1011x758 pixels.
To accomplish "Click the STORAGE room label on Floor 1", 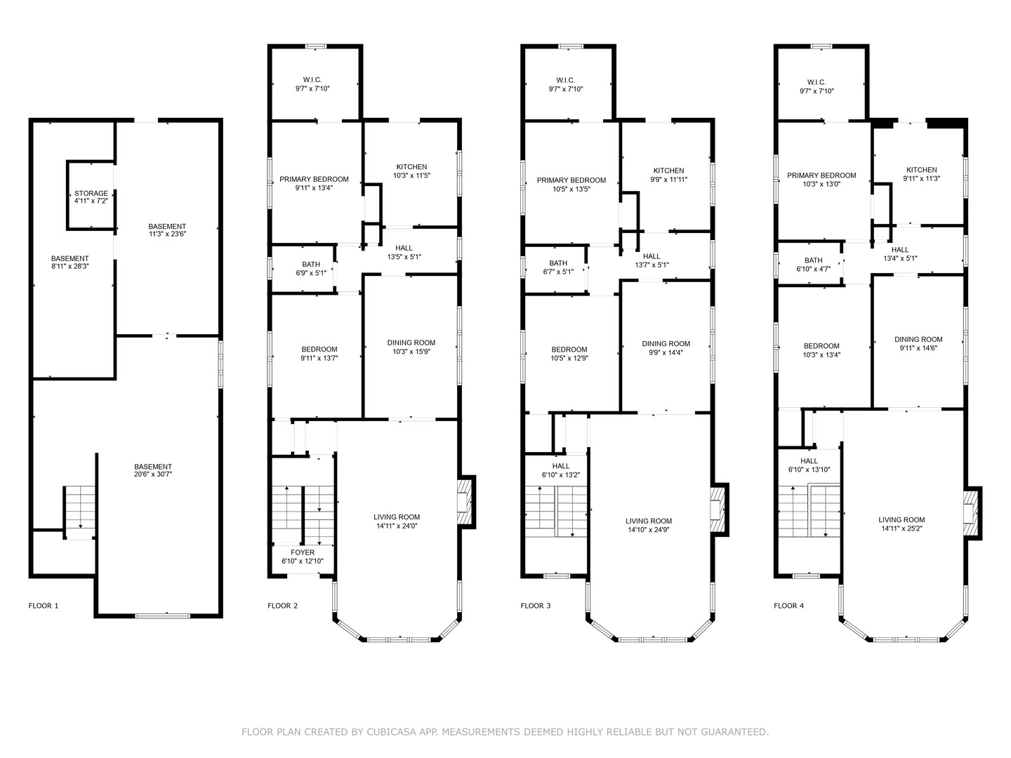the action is [91, 193].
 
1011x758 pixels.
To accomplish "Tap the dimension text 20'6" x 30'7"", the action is [153, 474].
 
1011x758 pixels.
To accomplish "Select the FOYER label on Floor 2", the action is [303, 552].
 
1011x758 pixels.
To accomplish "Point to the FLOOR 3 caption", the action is [535, 606].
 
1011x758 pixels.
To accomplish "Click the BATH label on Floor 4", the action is [814, 260].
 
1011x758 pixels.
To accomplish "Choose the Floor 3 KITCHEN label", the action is [668, 171].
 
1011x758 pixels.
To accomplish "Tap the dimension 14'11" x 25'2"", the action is [901, 528].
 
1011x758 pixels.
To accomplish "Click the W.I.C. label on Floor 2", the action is [312, 80].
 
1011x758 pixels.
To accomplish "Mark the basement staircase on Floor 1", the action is [79, 511].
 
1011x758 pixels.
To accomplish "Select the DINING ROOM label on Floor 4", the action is [918, 340].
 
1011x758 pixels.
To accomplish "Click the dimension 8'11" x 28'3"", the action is [70, 267].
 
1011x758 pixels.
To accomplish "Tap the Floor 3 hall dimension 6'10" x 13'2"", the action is [560, 475].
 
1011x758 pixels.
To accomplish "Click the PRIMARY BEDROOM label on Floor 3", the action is [571, 180].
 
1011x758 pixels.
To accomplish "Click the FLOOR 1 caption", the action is [44, 606].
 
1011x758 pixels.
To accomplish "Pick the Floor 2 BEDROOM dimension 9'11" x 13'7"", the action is [319, 358].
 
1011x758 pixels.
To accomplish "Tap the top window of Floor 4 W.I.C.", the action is [821, 46].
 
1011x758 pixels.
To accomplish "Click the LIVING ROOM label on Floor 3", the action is [649, 521].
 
